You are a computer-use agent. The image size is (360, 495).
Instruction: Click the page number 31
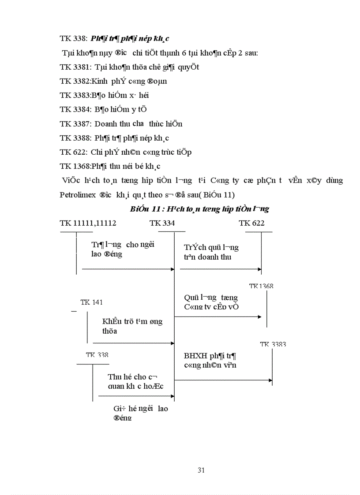(x=201, y=470)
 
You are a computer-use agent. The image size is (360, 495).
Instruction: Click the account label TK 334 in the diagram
(x=162, y=223)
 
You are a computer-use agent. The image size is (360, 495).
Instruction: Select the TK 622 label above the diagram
(x=251, y=223)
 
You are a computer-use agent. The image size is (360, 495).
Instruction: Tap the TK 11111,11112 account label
(x=88, y=223)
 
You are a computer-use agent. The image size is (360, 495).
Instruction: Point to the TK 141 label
(x=91, y=302)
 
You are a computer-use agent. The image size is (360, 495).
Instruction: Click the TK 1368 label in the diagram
(x=261, y=287)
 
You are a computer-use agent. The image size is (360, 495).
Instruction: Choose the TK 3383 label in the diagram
(x=273, y=344)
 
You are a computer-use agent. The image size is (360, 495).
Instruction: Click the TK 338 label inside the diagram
(x=97, y=355)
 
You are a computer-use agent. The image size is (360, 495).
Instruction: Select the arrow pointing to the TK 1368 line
(x=259, y=316)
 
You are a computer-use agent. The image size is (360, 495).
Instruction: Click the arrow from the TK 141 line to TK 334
(x=172, y=342)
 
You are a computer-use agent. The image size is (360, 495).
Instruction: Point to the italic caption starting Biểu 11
(x=199, y=209)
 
